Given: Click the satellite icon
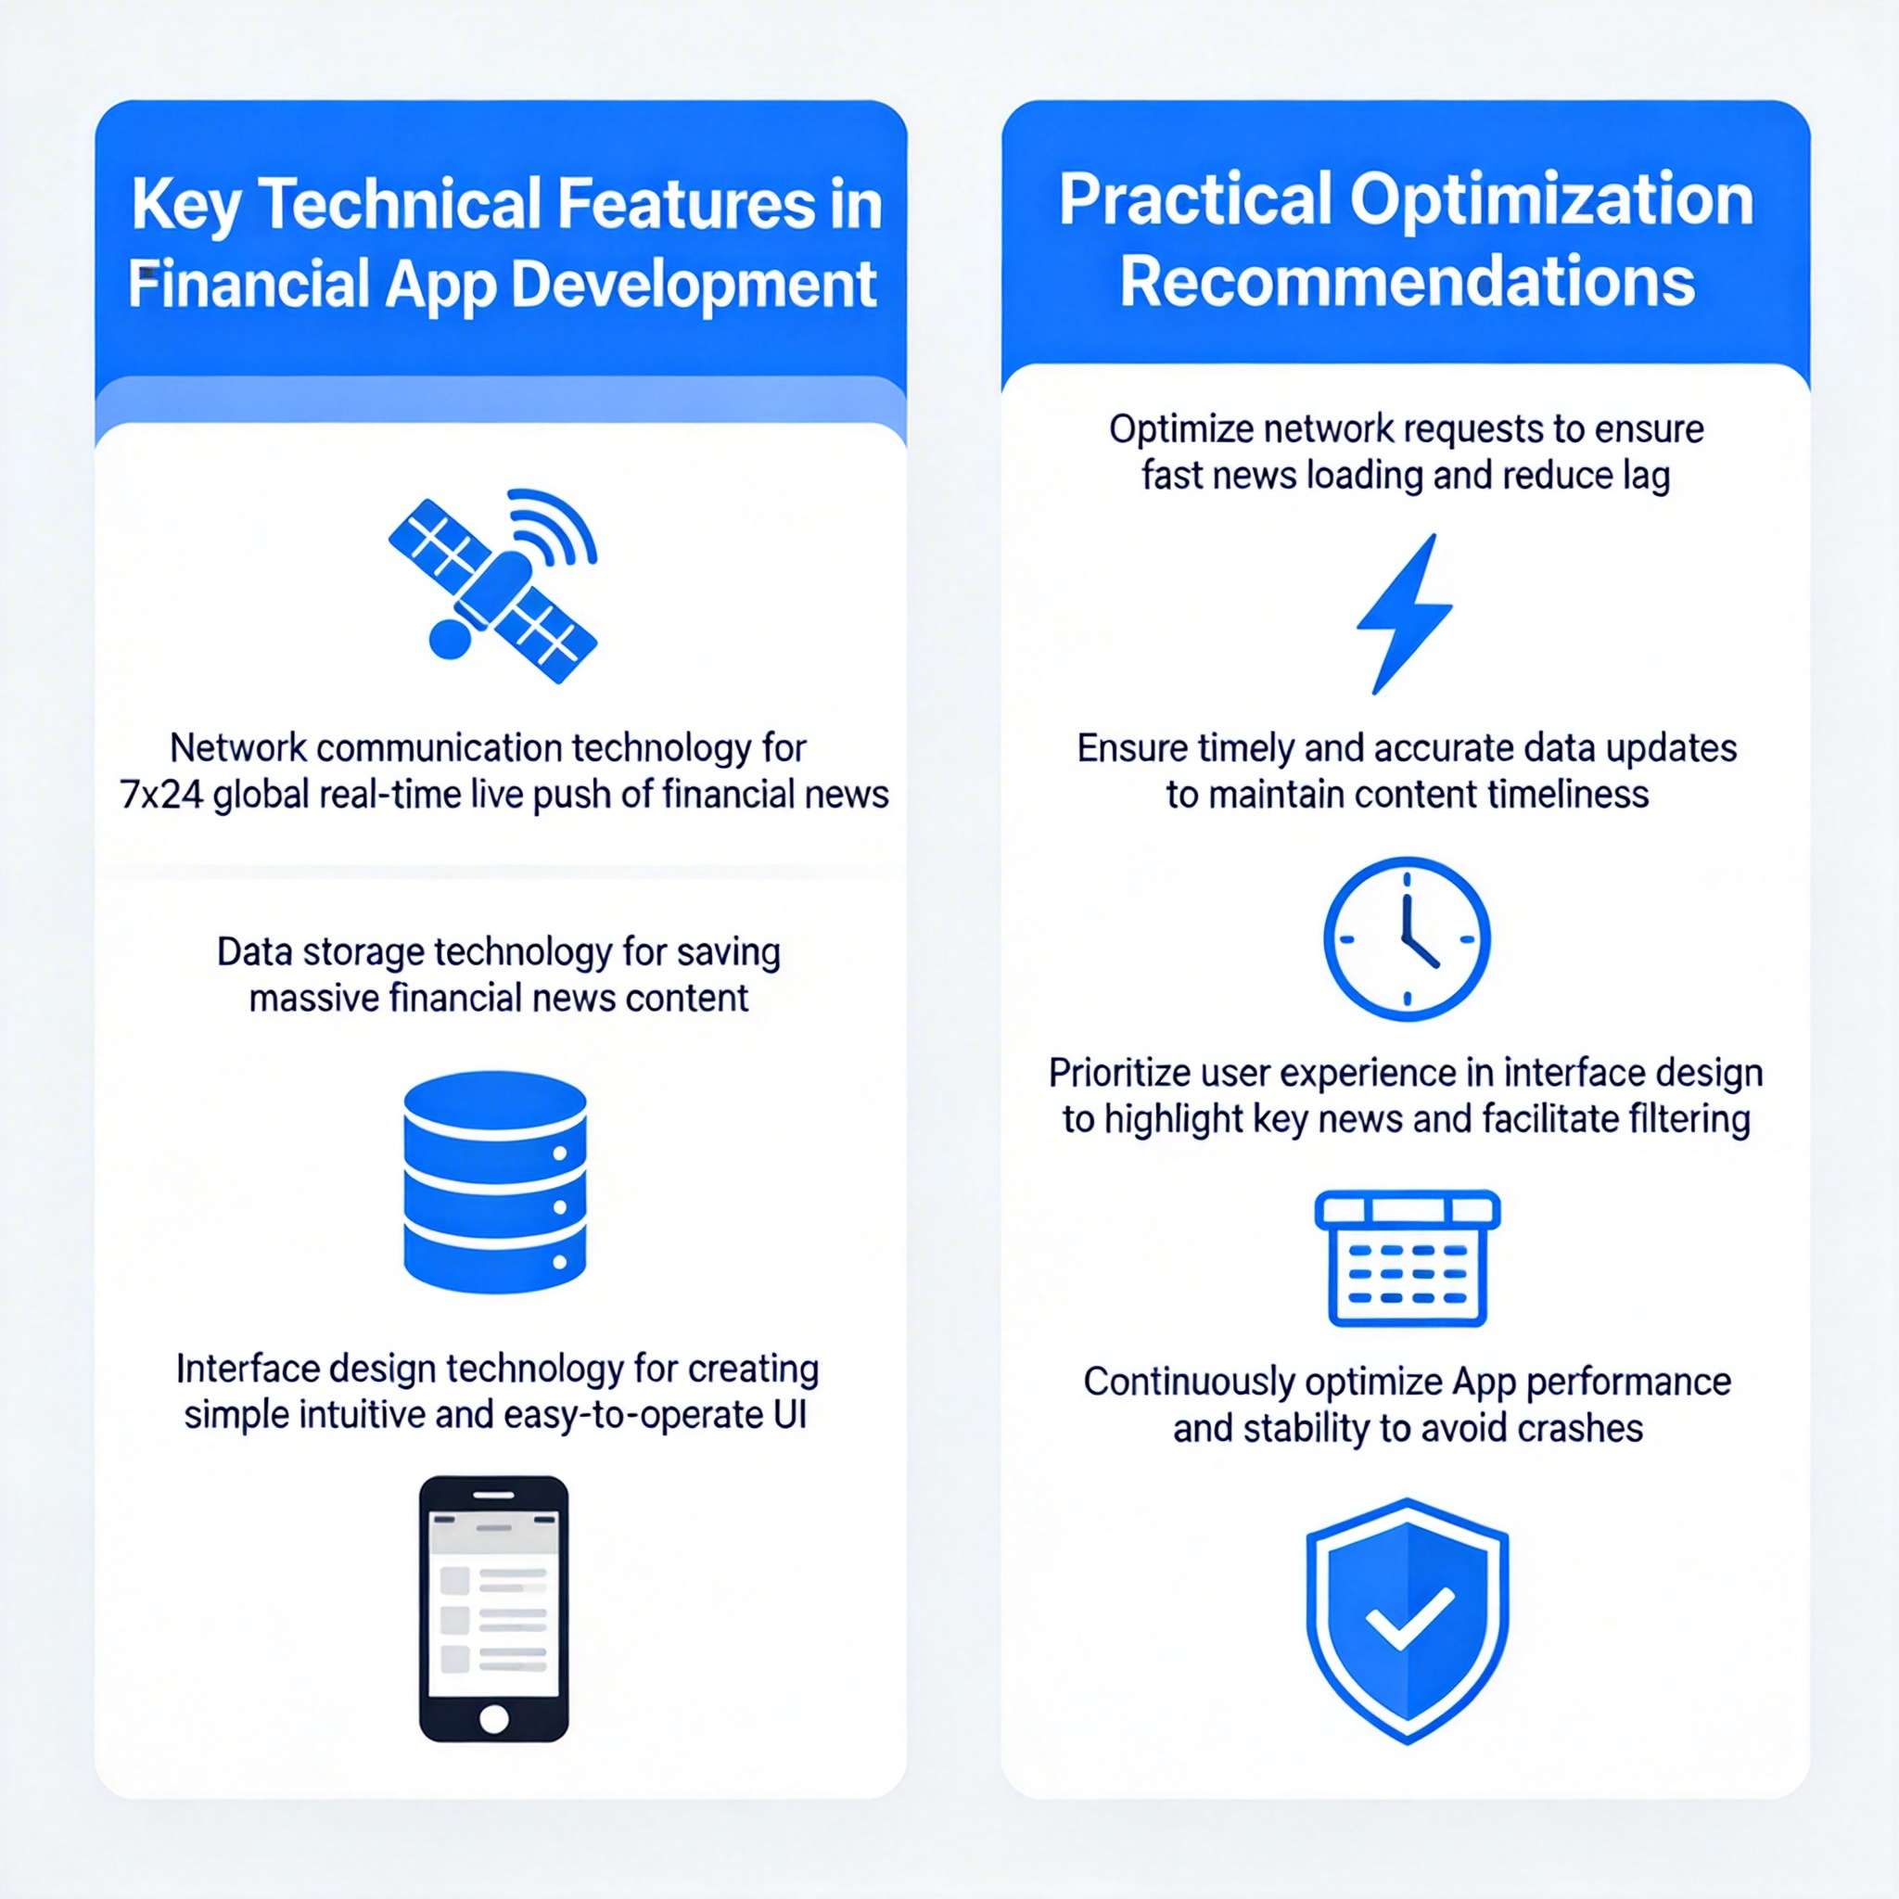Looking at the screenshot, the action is (492, 587).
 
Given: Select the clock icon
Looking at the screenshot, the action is (1407, 938).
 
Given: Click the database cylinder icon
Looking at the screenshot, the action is (495, 1182).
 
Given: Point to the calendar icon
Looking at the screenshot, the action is (1408, 1258).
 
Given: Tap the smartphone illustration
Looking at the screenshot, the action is (493, 1608).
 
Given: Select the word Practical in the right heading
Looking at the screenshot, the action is (1194, 199).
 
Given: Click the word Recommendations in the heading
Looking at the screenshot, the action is (1407, 282).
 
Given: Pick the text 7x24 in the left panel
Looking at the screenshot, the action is (161, 795).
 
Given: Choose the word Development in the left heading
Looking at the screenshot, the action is (694, 286).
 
